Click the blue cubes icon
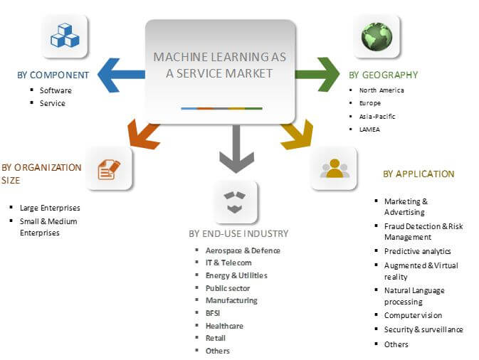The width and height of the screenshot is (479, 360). tap(64, 36)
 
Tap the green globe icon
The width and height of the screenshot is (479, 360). tap(377, 37)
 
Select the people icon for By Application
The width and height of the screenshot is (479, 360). tap(334, 168)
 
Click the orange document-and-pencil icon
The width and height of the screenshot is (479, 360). tap(109, 169)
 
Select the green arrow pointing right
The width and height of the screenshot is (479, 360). tap(317, 75)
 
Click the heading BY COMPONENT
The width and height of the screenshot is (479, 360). tap(53, 75)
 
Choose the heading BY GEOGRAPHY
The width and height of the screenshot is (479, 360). tap(383, 75)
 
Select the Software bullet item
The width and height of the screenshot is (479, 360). tap(56, 90)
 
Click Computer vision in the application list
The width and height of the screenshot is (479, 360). tap(413, 315)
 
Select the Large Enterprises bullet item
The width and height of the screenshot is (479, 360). tap(50, 208)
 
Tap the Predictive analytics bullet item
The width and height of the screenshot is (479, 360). tap(417, 251)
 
